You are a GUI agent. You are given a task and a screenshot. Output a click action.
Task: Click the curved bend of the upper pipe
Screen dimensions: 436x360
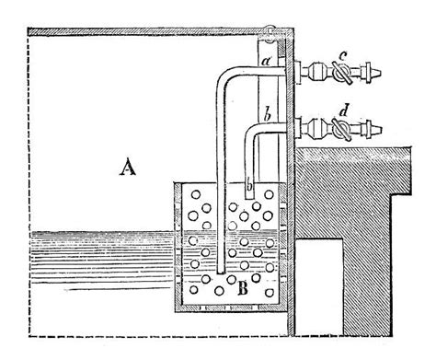[x=225, y=77]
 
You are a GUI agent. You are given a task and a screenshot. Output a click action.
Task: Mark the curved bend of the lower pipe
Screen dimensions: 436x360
[x=252, y=136]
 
